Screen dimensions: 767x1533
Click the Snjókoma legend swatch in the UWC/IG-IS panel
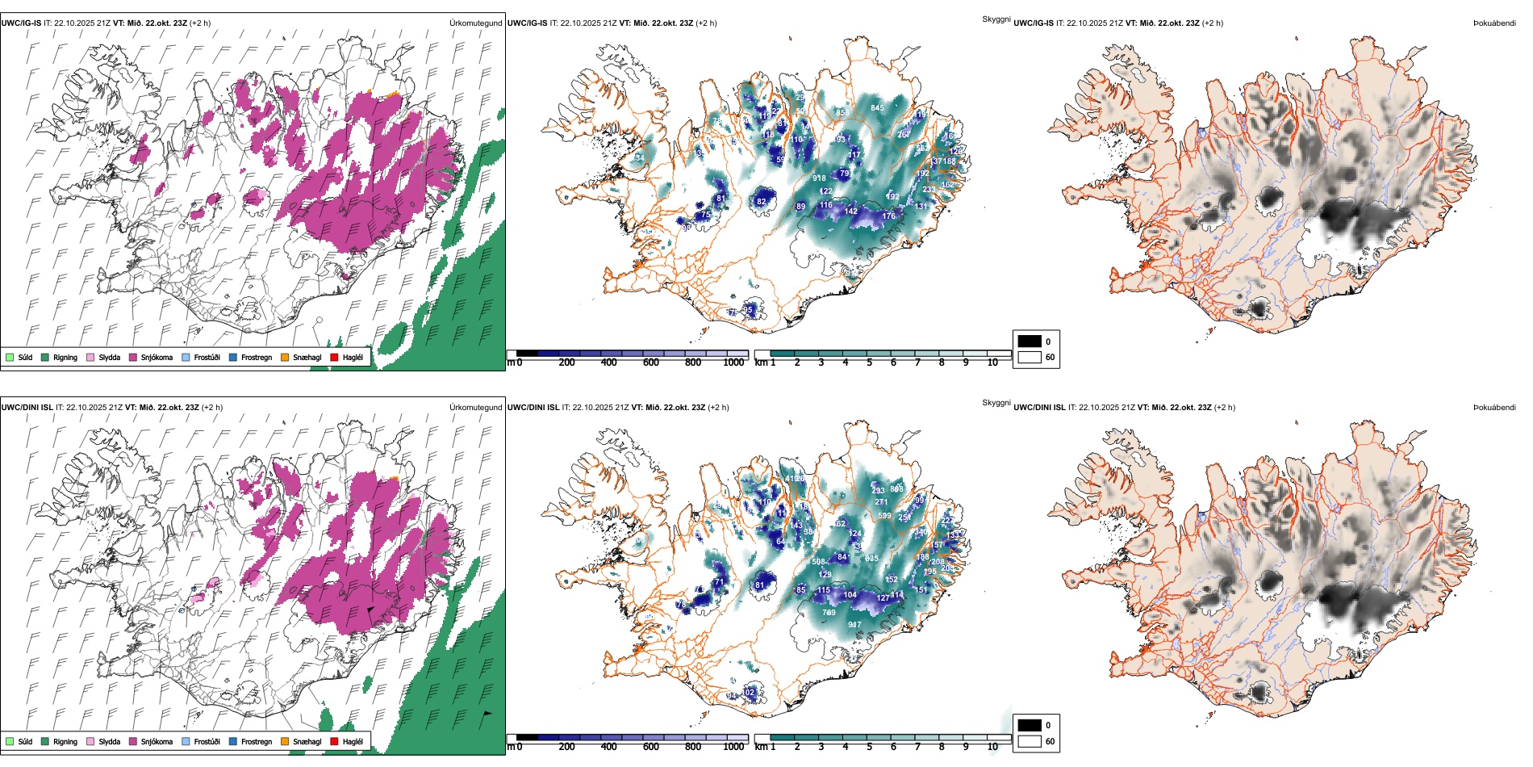click(x=133, y=357)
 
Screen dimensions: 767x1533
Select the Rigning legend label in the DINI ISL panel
click(x=65, y=741)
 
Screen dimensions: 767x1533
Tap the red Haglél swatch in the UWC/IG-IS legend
click(x=334, y=357)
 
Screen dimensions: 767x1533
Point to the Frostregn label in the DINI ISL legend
click(x=257, y=741)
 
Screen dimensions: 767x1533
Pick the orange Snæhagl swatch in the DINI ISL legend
click(x=285, y=741)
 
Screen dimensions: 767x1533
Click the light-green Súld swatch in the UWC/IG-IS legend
click(x=10, y=357)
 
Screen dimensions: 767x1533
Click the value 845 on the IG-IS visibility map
click(x=877, y=107)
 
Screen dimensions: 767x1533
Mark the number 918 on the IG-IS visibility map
click(x=819, y=178)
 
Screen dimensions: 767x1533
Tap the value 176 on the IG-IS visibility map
click(x=888, y=216)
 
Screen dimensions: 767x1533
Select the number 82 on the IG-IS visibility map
click(x=761, y=202)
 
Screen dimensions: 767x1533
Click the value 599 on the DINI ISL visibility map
click(x=884, y=515)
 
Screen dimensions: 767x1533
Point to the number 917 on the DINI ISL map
click(x=854, y=624)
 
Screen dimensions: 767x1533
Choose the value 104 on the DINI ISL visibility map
click(x=850, y=594)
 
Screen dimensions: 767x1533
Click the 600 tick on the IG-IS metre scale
click(x=651, y=363)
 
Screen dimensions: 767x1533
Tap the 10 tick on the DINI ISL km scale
click(x=992, y=747)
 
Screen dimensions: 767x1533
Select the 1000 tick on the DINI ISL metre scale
click(x=733, y=747)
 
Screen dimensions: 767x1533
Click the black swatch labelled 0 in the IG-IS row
click(x=1030, y=342)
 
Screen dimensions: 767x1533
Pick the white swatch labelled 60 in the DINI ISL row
click(x=1030, y=740)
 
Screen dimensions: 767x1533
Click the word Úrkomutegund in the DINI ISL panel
click(x=475, y=407)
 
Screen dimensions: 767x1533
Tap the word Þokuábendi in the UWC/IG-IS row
click(x=1494, y=23)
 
